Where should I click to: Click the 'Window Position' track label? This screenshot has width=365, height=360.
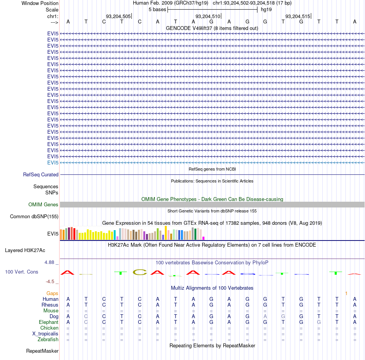click(x=40, y=3)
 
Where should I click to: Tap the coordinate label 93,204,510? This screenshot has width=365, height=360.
click(x=207, y=16)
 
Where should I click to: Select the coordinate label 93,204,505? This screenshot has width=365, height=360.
click(x=118, y=16)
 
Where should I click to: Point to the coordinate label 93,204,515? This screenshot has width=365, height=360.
click(x=298, y=16)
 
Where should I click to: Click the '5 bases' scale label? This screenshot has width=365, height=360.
click(x=158, y=10)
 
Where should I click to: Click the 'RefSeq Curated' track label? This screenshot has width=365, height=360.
click(x=41, y=174)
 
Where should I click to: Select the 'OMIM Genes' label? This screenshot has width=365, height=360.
click(x=43, y=204)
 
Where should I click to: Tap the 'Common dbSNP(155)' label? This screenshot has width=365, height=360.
click(x=34, y=216)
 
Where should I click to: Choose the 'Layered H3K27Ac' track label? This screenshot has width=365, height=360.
click(x=25, y=251)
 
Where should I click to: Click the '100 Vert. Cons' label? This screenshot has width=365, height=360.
click(x=22, y=272)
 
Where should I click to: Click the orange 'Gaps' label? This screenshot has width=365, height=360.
click(x=52, y=293)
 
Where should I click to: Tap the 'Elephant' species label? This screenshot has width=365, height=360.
click(x=48, y=322)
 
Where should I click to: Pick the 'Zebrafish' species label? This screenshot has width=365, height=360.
click(x=48, y=339)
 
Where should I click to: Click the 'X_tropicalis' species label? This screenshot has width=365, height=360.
click(x=45, y=334)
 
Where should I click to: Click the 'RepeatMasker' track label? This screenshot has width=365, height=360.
click(x=42, y=351)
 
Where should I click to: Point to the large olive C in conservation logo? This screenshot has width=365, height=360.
click(x=140, y=272)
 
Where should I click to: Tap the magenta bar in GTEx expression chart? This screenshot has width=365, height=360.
click(x=204, y=238)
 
